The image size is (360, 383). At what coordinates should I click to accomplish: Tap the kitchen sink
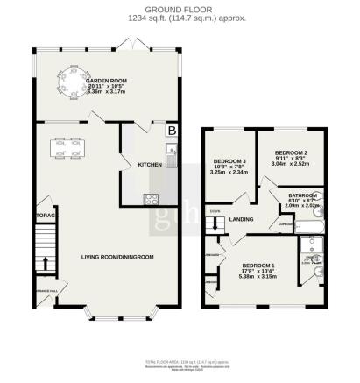click(x=173, y=159)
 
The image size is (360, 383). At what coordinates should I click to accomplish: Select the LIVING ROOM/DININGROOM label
click(x=117, y=257)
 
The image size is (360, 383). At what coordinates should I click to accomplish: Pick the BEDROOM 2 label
click(x=288, y=152)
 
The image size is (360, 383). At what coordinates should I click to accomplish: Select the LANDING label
click(x=241, y=219)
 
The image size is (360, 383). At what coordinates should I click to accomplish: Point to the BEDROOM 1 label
click(x=258, y=266)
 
